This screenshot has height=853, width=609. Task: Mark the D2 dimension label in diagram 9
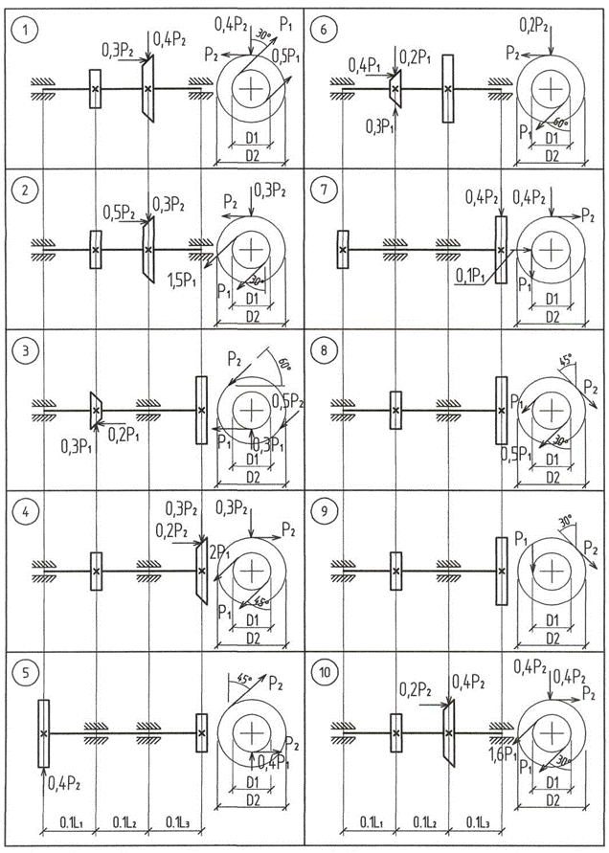(x=553, y=634)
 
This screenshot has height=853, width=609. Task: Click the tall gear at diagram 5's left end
(x=43, y=733)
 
